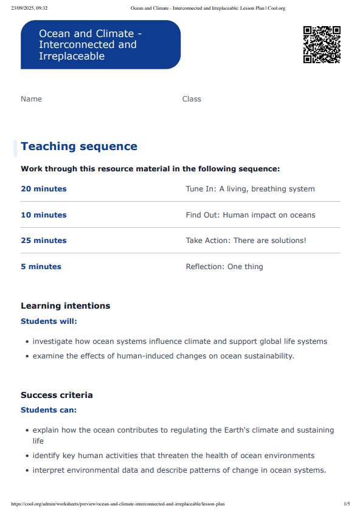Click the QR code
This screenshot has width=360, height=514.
[x=322, y=44]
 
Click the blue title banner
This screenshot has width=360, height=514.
[x=100, y=44]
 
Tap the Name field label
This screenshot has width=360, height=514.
[x=31, y=99]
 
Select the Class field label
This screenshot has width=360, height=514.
[x=192, y=99]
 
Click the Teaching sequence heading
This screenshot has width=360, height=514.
[x=79, y=146]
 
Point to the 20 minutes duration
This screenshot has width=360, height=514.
[x=44, y=189]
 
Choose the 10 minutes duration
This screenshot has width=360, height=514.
[x=44, y=215]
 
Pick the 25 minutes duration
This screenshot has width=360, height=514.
[x=44, y=241]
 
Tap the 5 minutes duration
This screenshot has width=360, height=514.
[x=41, y=267]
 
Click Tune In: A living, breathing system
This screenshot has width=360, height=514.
[x=250, y=189]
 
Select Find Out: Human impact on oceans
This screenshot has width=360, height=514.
[x=250, y=215]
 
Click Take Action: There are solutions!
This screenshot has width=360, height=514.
[x=246, y=241]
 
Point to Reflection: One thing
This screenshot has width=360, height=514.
[x=224, y=267]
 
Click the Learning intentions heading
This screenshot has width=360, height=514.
[x=66, y=306]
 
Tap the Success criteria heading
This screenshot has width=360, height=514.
[x=57, y=395]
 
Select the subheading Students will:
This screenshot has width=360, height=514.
[x=49, y=321]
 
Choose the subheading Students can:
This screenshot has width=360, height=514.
[x=49, y=410]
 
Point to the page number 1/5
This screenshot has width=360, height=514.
[x=347, y=504]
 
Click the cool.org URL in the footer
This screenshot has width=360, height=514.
[x=117, y=504]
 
